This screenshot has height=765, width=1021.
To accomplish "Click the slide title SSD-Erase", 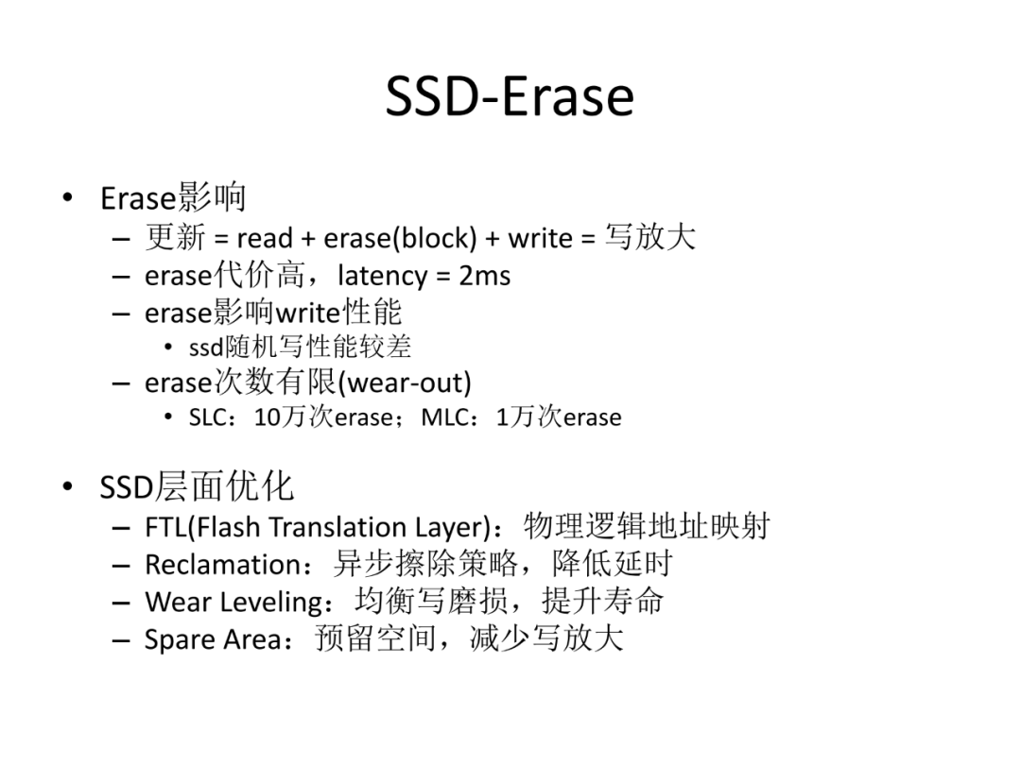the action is tap(510, 97).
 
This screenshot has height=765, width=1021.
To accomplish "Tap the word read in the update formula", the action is tap(265, 238).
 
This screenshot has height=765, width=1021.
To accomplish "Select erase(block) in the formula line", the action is tap(401, 239).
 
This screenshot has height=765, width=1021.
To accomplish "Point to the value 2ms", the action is tap(484, 276).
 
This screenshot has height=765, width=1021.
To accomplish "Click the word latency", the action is tap(382, 277).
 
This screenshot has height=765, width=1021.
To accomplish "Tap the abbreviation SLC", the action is tap(208, 417).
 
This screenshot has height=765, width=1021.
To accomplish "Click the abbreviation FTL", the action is tap(165, 527).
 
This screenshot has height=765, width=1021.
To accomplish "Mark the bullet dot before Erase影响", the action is tap(67, 197).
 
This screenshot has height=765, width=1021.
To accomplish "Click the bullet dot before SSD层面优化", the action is tap(67, 486).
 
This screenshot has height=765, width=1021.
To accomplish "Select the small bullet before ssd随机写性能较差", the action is tap(168, 348).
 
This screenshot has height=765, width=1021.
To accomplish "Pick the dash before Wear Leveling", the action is tap(121, 603).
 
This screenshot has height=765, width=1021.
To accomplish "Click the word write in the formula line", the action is tap(540, 239).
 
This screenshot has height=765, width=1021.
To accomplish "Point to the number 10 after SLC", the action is tap(267, 417).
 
